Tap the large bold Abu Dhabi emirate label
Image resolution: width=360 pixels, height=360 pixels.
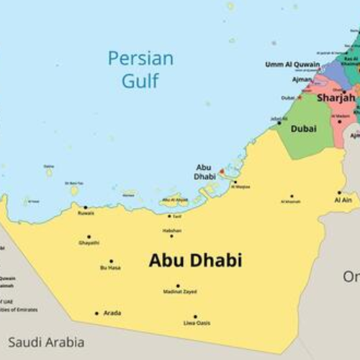[x=195, y=261]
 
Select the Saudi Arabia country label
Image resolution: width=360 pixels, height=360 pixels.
[x=46, y=342]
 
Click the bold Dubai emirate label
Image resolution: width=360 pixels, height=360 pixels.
[x=303, y=129]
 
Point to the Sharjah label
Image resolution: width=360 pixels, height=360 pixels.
[x=336, y=97]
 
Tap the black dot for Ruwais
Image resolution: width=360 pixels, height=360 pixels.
[x=85, y=207]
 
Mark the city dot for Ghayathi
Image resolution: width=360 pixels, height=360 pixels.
[x=89, y=236]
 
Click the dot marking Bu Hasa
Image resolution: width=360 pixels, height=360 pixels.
[x=110, y=261]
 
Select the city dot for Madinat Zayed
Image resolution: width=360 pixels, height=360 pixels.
[x=178, y=285]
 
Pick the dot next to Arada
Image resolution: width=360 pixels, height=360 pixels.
[x=96, y=313]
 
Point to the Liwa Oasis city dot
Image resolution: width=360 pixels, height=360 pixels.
[x=194, y=316]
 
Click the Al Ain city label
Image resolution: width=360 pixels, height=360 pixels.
[x=343, y=200]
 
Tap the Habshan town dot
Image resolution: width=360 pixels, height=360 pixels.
[x=171, y=235]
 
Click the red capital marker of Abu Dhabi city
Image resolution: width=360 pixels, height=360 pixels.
[x=221, y=172]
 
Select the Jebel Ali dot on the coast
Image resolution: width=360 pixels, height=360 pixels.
[x=279, y=123]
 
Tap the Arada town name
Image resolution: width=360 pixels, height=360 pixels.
[x=112, y=313]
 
